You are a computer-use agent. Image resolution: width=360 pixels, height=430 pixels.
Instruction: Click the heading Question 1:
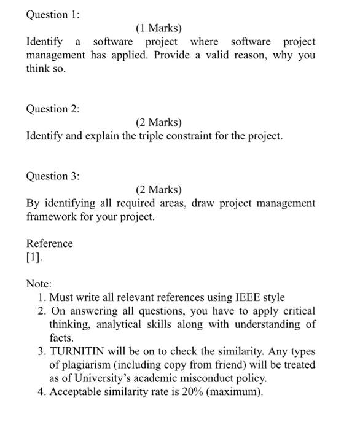(53, 15)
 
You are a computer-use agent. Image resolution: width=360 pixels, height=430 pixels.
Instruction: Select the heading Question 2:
(53, 109)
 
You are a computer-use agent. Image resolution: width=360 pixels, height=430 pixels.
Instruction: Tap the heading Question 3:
(53, 176)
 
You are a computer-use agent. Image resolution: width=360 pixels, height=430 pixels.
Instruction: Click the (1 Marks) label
(158, 28)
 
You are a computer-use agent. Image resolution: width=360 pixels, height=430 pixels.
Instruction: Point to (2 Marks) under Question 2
(158, 122)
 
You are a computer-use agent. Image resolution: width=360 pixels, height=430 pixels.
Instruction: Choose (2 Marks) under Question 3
(158, 190)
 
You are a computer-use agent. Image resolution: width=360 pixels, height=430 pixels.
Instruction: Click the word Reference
(49, 243)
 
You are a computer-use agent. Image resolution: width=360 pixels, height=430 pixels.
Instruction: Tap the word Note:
(39, 284)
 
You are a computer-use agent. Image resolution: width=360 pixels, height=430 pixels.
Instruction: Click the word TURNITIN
(79, 351)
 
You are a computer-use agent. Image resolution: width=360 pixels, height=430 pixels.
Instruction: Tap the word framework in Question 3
(50, 217)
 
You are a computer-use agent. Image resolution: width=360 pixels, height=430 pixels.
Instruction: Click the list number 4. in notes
(41, 392)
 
